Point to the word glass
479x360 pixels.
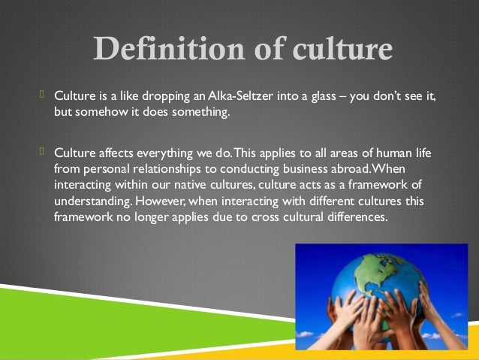click(x=318, y=98)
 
